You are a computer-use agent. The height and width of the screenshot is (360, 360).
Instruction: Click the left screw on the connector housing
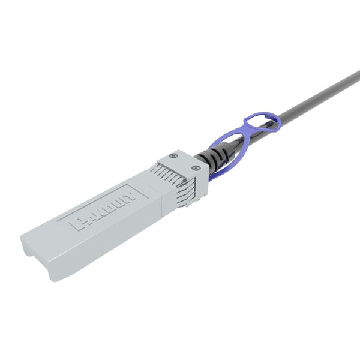174,156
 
